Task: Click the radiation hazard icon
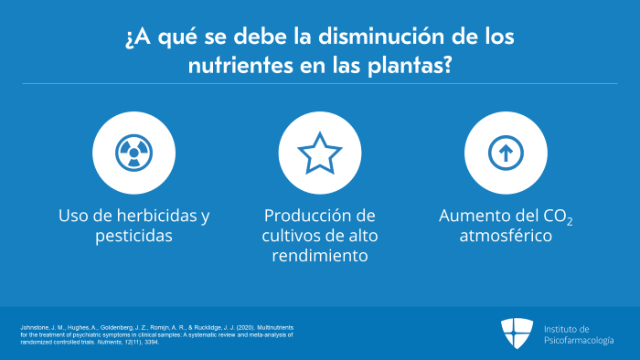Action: pyautogui.click(x=133, y=153)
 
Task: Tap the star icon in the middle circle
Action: pyautogui.click(x=320, y=154)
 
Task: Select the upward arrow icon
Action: pyautogui.click(x=506, y=153)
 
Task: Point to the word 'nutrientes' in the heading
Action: pyautogui.click(x=240, y=65)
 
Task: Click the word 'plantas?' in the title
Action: pyautogui.click(x=410, y=66)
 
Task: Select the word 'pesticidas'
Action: pyautogui.click(x=133, y=236)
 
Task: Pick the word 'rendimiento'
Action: pyautogui.click(x=320, y=256)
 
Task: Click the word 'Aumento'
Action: pyautogui.click(x=468, y=216)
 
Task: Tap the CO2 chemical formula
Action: pyautogui.click(x=558, y=216)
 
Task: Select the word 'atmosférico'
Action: pyautogui.click(x=506, y=236)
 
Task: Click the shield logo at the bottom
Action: pyautogui.click(x=517, y=334)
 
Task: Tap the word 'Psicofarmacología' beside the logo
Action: pyautogui.click(x=579, y=341)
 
